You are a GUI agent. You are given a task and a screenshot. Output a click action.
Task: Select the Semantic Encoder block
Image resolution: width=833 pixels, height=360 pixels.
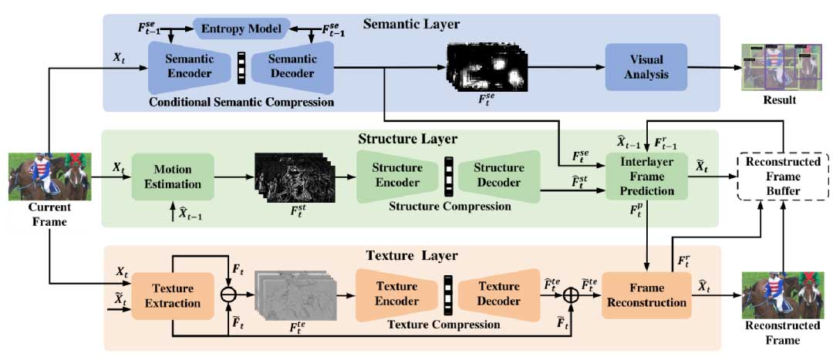(184, 67)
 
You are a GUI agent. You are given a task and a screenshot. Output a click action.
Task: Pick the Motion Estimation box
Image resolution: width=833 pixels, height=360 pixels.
(173, 177)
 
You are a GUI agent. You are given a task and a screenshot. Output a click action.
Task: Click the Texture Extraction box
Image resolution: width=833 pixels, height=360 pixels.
(172, 297)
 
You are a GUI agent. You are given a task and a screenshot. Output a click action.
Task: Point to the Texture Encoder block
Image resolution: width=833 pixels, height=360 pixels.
(396, 296)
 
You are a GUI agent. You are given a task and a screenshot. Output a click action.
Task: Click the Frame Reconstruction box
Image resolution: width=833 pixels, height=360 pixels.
(646, 295)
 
